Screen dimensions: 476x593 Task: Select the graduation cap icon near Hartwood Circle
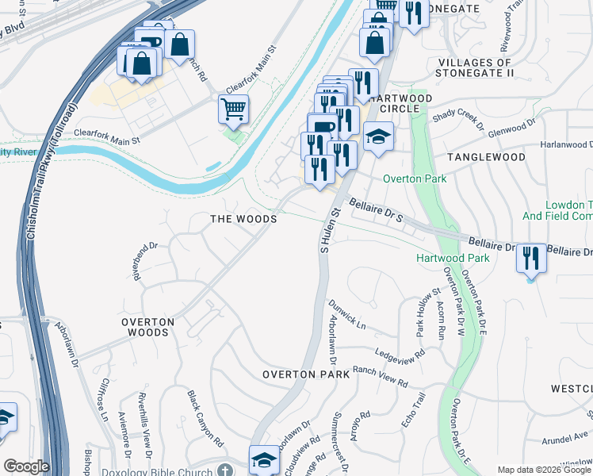379,137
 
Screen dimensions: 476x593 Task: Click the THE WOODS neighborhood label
243,219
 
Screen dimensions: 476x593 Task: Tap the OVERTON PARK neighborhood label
306,374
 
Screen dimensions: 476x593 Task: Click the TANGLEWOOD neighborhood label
486,158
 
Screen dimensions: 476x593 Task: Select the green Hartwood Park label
453,259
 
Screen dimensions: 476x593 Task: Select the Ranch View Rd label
381,377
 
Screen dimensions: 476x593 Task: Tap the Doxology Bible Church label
158,471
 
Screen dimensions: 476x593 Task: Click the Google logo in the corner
26,466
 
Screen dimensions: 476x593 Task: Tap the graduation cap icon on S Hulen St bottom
264,459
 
